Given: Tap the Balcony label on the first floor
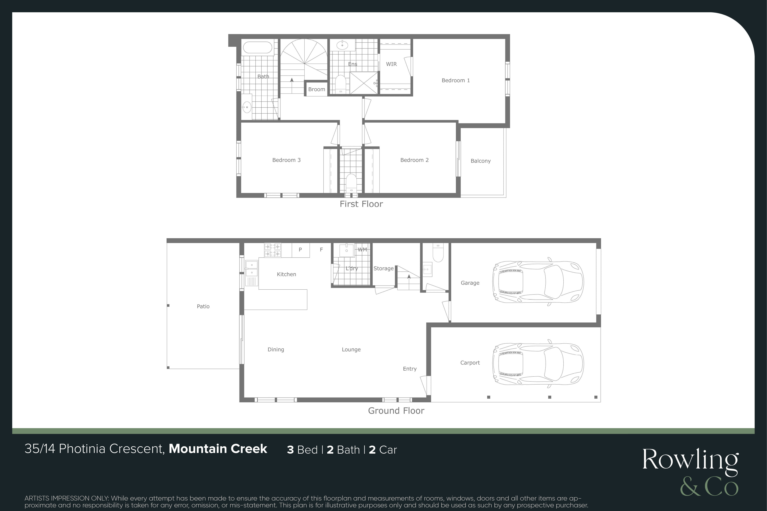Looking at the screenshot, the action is (x=481, y=161).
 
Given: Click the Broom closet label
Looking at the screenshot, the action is (x=317, y=89).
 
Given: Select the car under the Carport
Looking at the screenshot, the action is (x=538, y=364).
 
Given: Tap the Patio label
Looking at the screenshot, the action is (x=203, y=306).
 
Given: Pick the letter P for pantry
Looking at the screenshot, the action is (x=300, y=250).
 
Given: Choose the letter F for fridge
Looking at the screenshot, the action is (x=321, y=250).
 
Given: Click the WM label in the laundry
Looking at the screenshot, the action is (x=362, y=250).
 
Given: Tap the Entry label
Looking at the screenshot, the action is (x=410, y=369).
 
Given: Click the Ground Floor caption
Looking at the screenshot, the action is (x=396, y=411).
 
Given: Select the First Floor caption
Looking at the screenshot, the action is (x=361, y=204).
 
